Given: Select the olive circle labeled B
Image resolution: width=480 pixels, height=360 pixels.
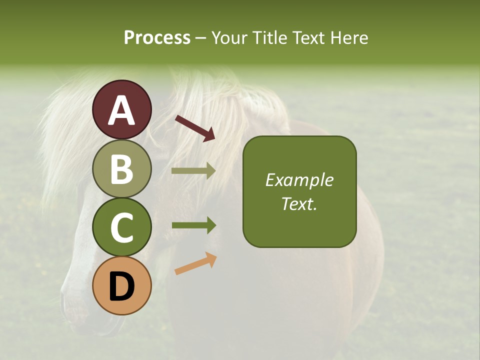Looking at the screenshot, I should coord(122,168).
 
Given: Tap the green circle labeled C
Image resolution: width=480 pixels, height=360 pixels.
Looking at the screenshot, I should coord(122,227).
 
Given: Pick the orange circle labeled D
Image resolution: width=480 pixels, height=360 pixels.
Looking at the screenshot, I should coord(122,286).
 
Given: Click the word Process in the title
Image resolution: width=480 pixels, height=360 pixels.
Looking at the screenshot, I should coord(157,38).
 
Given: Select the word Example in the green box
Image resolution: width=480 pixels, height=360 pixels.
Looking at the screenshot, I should coord(299,180).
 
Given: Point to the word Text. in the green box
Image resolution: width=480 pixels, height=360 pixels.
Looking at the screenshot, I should coord(299,203).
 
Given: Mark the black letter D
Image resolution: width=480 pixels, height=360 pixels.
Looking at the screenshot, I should coord(122,287).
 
